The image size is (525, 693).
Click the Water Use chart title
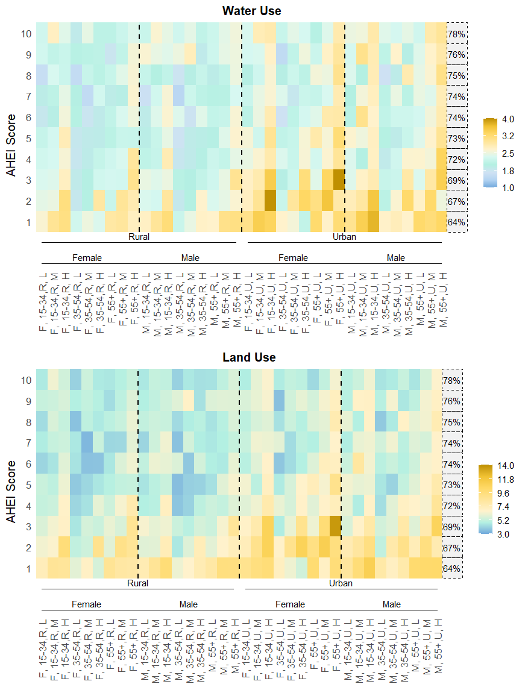pyautogui.click(x=251, y=11)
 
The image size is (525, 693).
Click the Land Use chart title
pyautogui.click(x=249, y=357)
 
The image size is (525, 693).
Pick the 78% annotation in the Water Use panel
pyautogui.click(x=456, y=34)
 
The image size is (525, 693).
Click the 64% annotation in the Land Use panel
pyautogui.click(x=452, y=569)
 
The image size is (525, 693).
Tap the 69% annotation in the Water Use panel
pyautogui.click(x=456, y=180)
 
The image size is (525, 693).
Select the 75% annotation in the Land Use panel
pyautogui.click(x=452, y=422)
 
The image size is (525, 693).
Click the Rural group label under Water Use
pyautogui.click(x=139, y=237)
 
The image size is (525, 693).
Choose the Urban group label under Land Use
pyautogui.click(x=341, y=583)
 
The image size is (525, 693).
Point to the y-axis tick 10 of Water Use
pyautogui.click(x=27, y=34)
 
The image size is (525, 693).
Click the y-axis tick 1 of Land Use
pyautogui.click(x=27, y=569)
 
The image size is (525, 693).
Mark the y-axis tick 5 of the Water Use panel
pyautogui.click(x=27, y=138)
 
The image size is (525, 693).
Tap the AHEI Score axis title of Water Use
pyautogui.click(x=11, y=138)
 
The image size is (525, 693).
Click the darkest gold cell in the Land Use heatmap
pyautogui.click(x=335, y=527)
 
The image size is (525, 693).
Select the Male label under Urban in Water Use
pyautogui.click(x=396, y=258)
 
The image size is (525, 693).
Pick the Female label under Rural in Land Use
pyautogui.click(x=87, y=604)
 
